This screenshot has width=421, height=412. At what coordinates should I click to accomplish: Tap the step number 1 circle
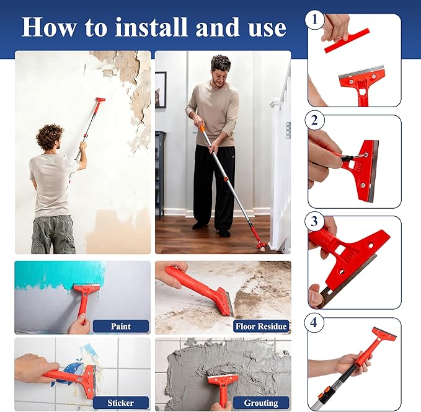316,20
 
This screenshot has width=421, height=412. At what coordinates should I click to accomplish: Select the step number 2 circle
316,121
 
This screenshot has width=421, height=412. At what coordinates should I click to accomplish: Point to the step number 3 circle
316,222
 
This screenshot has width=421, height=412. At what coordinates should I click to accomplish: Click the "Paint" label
120,326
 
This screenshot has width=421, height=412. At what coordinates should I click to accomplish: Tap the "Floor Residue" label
260,326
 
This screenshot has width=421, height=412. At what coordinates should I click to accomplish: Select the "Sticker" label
120,402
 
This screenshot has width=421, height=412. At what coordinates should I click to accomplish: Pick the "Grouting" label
260,402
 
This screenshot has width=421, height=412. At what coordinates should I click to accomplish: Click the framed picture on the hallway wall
161,90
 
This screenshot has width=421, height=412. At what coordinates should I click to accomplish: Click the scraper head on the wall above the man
99,100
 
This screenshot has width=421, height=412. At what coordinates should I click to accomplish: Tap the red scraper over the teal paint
85,296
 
